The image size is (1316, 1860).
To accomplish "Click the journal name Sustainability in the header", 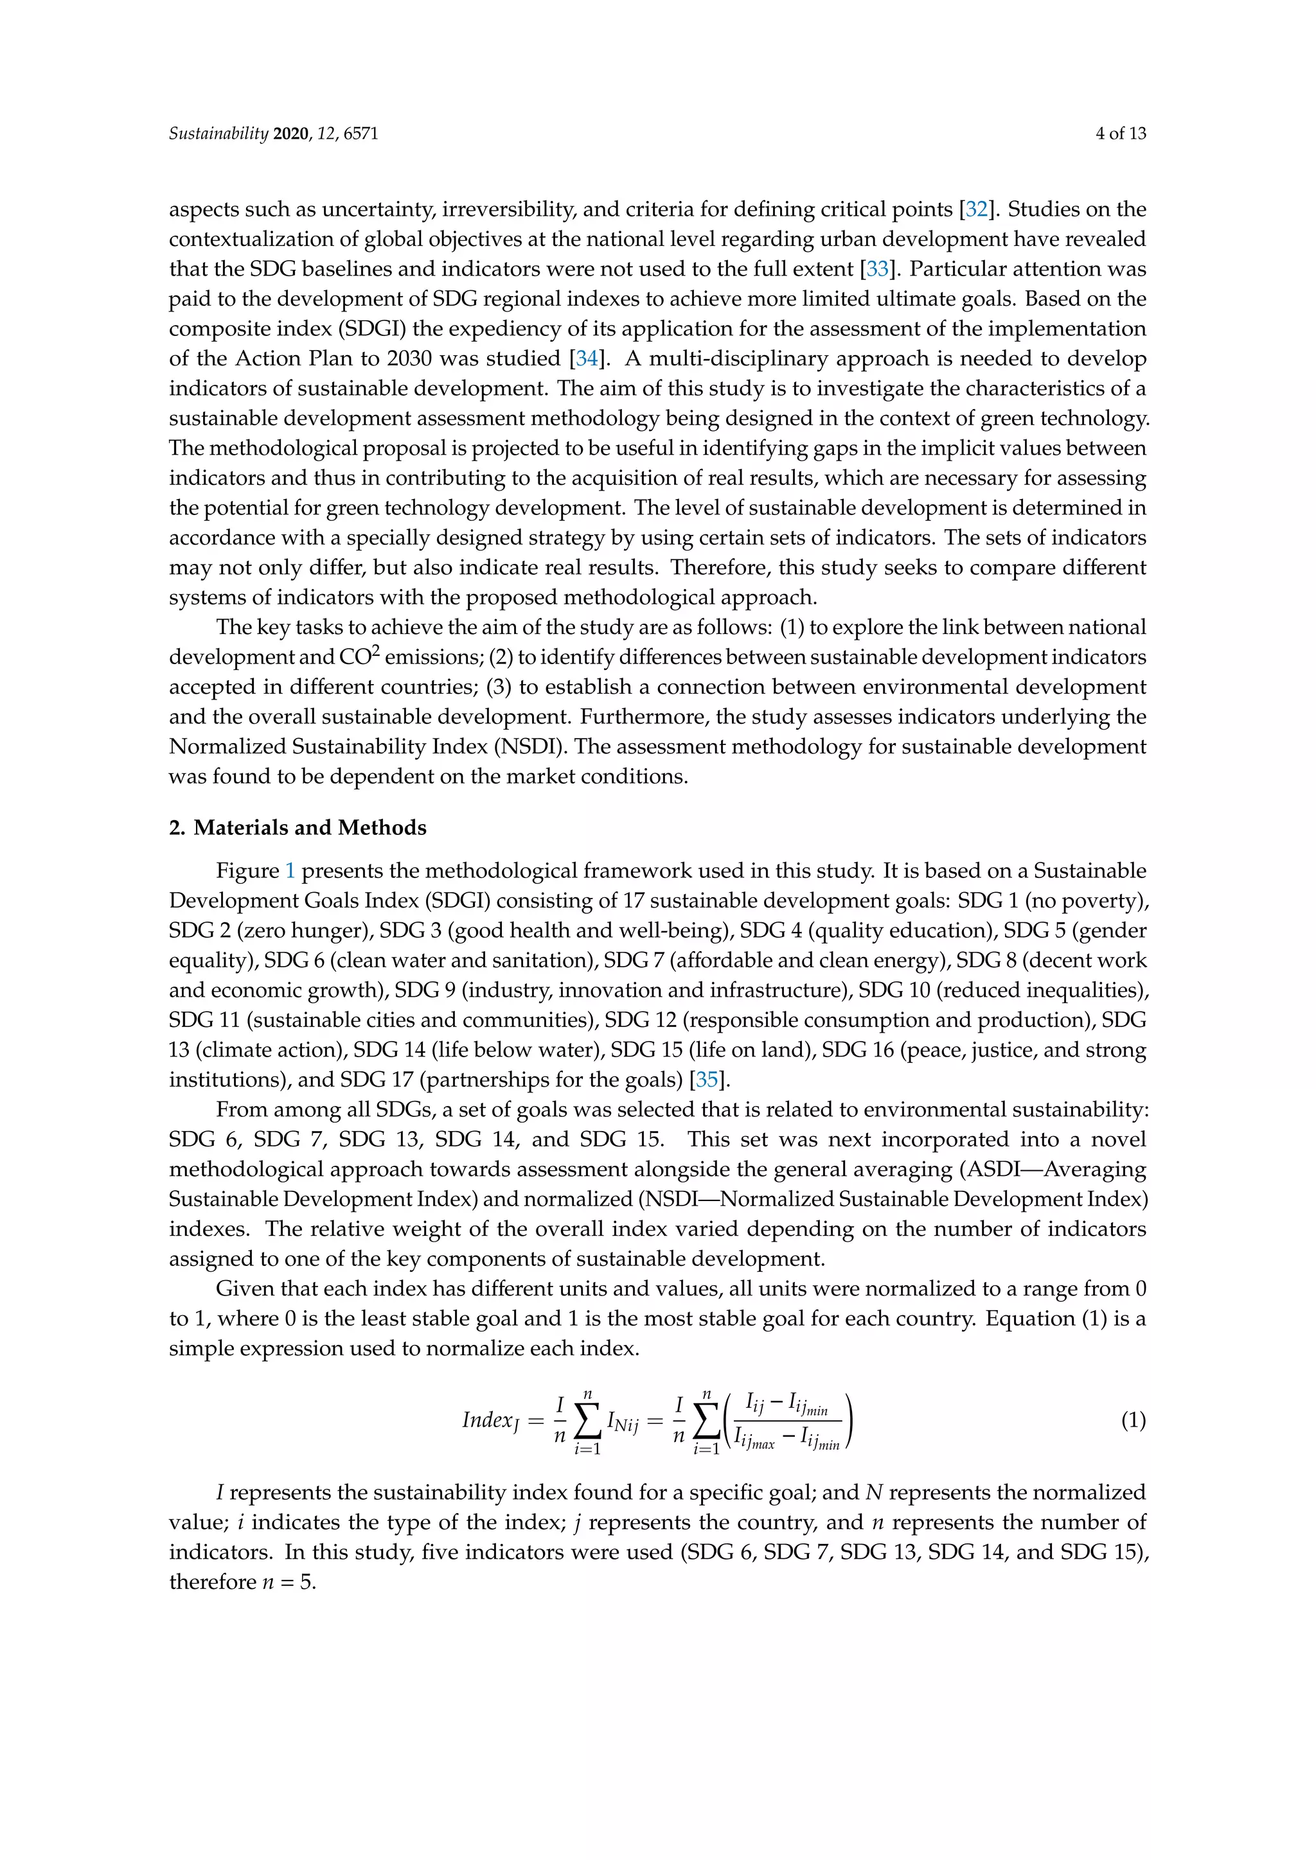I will pyautogui.click(x=218, y=134).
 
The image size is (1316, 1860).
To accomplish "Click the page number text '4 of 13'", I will pyautogui.click(x=1121, y=134).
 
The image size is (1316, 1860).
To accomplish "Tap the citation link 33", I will pyautogui.click(x=876, y=269).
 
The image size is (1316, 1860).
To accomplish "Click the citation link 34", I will pyautogui.click(x=586, y=359).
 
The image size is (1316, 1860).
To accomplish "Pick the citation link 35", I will pyautogui.click(x=707, y=1080).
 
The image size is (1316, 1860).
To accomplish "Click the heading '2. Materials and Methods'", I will pyautogui.click(x=298, y=828).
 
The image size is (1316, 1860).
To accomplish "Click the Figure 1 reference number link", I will pyautogui.click(x=290, y=871).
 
